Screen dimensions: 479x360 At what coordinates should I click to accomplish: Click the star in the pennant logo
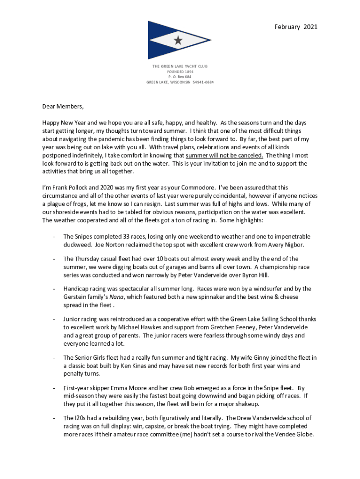[x=178, y=41]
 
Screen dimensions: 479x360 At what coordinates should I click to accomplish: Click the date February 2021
[x=296, y=27]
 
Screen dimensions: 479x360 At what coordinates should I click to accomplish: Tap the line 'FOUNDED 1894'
[x=180, y=72]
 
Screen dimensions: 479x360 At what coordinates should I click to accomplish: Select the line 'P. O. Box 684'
[x=180, y=77]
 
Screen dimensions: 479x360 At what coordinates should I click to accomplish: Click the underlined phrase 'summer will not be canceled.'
[x=224, y=156]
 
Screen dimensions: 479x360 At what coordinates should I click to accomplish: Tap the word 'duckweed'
[x=77, y=244]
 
